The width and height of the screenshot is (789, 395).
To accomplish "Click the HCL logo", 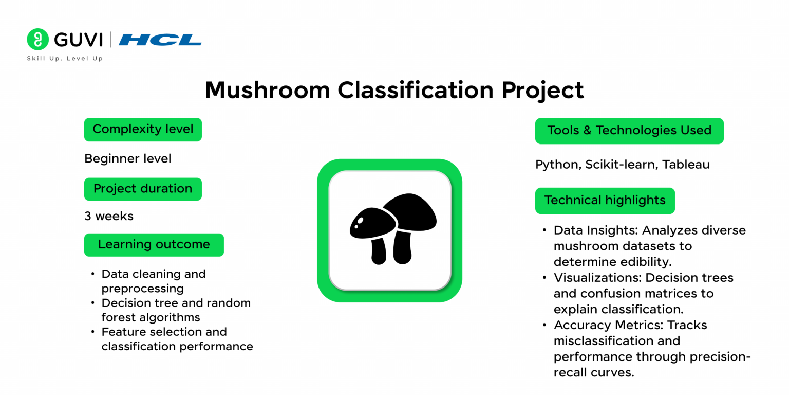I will point(160,40).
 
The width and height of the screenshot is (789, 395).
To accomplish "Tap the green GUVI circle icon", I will point(37,40).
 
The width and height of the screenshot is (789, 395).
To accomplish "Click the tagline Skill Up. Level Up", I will point(65,59).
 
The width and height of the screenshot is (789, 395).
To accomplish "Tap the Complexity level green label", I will point(143,129).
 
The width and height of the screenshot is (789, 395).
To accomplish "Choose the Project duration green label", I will point(143,189).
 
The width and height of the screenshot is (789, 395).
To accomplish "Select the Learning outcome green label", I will point(154,244).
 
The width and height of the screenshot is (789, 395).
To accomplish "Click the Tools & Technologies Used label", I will point(629,131).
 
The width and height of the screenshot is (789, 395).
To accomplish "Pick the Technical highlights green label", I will point(605,200).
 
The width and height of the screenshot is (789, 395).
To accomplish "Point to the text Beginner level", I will point(128,159).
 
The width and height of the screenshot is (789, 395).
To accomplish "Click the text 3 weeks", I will point(109,216).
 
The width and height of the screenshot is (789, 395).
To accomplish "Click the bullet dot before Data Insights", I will point(544,230).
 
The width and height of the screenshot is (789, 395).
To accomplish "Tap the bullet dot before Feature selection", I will point(92,332).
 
